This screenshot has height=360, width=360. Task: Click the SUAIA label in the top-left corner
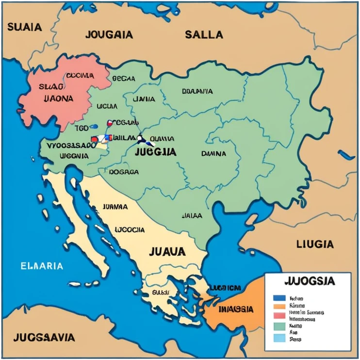pyautogui.click(x=24, y=27)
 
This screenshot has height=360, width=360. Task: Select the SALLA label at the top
pyautogui.click(x=204, y=34)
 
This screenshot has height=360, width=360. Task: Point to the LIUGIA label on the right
pyautogui.click(x=315, y=243)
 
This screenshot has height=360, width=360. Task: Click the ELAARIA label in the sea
pyautogui.click(x=42, y=266)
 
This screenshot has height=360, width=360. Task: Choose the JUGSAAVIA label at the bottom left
pyautogui.click(x=44, y=337)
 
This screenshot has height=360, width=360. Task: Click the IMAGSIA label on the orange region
pyautogui.click(x=236, y=309)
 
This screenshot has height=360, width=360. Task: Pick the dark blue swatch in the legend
pyautogui.click(x=278, y=298)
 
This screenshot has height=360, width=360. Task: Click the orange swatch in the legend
pyautogui.click(x=278, y=306)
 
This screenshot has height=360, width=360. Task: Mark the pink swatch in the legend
pyautogui.click(x=278, y=314)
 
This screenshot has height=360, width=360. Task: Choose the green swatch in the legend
pyautogui.click(x=278, y=327)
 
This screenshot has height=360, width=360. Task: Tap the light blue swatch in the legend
pyautogui.click(x=278, y=338)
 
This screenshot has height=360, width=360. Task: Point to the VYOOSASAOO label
pyautogui.click(x=70, y=145)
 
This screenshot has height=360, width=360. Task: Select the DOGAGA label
pyautogui.click(x=124, y=172)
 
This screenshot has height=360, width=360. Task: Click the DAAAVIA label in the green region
pyautogui.click(x=197, y=91)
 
